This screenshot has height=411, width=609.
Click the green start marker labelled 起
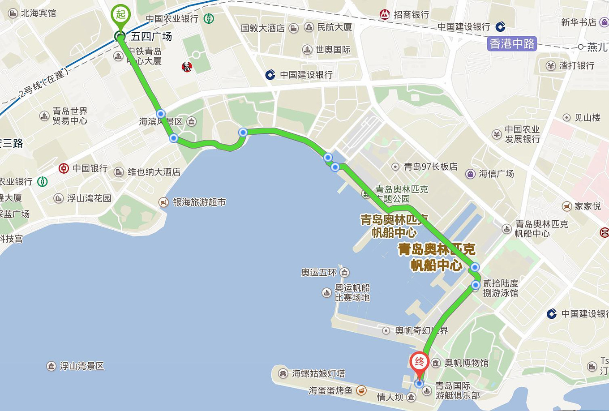pyautogui.click(x=120, y=15)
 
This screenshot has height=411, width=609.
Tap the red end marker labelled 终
pyautogui.click(x=419, y=362)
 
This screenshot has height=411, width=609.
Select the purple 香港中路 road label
pyautogui.click(x=512, y=44)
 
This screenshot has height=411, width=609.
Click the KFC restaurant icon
pyautogui.click(x=187, y=67)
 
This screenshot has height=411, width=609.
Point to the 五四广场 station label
pyautogui.click(x=151, y=36)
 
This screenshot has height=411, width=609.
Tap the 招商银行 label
pyautogui.click(x=411, y=14)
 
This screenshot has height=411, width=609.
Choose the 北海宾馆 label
pyautogui.click(x=39, y=13)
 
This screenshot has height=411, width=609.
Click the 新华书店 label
pyautogui.click(x=579, y=22)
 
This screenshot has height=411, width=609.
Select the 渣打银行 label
pyautogui.click(x=577, y=65)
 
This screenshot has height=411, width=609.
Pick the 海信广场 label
pyautogui.click(x=496, y=173)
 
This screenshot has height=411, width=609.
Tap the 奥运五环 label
pyautogui.click(x=318, y=272)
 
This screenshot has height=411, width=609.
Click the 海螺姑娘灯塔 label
pyautogui.click(x=318, y=373)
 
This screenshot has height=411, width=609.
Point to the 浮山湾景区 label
pyautogui.click(x=81, y=366)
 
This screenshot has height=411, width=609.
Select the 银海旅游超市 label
pyautogui.click(x=199, y=202)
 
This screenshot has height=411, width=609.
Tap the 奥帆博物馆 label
pyautogui.click(x=466, y=363)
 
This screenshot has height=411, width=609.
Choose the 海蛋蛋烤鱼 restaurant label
pyautogui.click(x=330, y=390)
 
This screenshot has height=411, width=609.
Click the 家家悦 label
pyautogui.click(x=588, y=206)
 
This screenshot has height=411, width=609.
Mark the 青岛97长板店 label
pyautogui.click(x=430, y=167)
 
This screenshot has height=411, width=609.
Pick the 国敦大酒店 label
pyautogui.click(x=263, y=28)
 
